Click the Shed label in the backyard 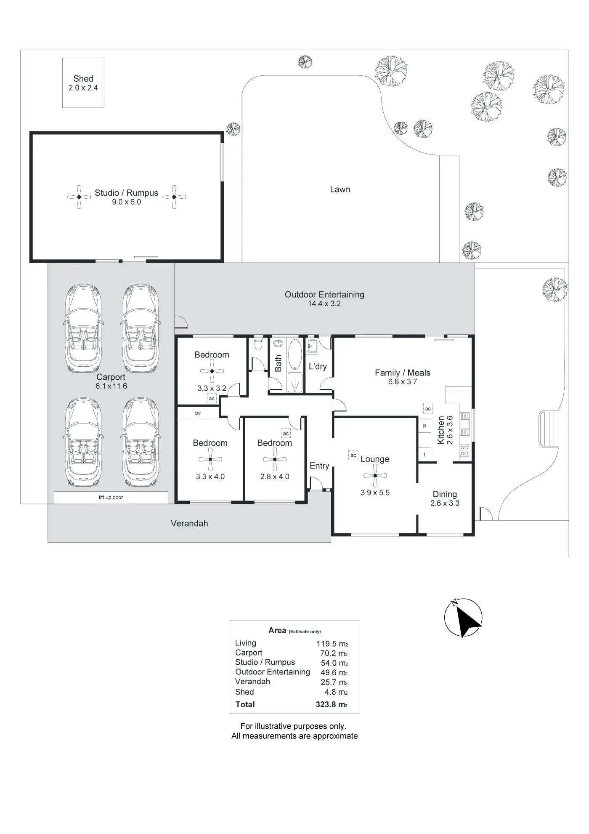click(x=83, y=79)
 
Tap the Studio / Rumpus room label click(x=126, y=193)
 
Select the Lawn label click(x=340, y=189)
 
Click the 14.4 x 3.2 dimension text click(x=324, y=304)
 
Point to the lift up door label click(x=111, y=498)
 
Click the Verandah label click(x=189, y=524)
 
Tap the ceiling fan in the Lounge click(x=375, y=476)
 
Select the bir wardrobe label click(x=198, y=413)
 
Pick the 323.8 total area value click(x=331, y=704)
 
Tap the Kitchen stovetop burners click(x=464, y=450)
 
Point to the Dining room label click(x=445, y=494)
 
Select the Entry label click(x=319, y=466)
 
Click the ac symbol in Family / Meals click(x=428, y=408)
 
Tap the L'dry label click(x=318, y=367)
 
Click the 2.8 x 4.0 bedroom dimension click(x=275, y=477)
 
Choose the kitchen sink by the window click(x=464, y=423)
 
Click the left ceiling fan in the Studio click(x=79, y=197)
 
